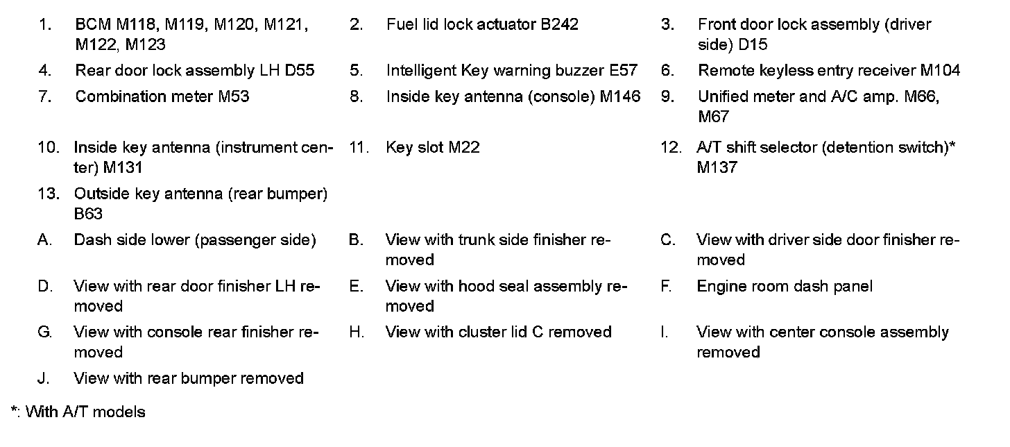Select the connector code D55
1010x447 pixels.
coord(299,70)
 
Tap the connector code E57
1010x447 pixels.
coord(623,70)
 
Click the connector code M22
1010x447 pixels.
coord(463,147)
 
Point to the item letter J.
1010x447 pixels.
coord(43,378)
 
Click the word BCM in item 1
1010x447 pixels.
coord(93,25)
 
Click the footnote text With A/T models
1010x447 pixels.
coord(85,412)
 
